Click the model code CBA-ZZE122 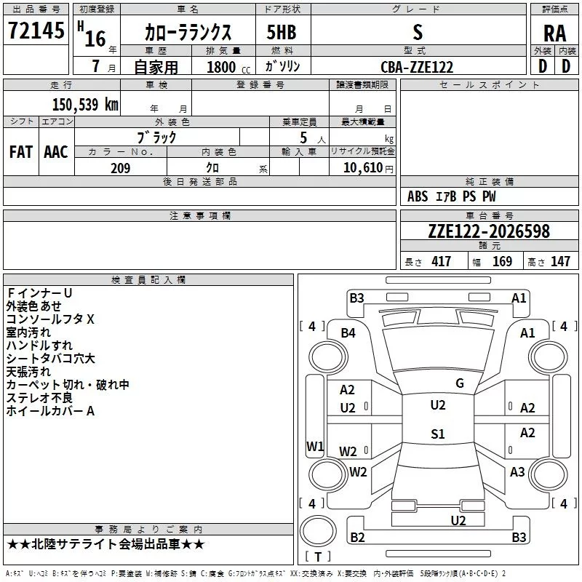417,67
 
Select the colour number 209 120,168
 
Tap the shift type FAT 20,152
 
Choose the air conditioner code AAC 55,152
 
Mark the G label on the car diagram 459,383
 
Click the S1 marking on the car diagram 437,434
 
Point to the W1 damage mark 314,446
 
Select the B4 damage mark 348,333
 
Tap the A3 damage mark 517,472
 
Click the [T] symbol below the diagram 317,557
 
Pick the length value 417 441,262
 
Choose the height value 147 560,262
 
